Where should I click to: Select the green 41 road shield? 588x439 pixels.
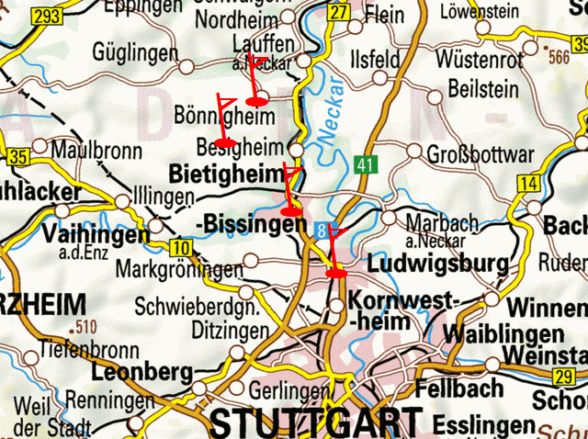pos(366,165)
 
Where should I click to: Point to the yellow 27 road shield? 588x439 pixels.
pos(339,12)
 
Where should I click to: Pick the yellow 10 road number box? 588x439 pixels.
pos(180,247)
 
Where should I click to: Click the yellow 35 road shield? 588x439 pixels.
pos(17,157)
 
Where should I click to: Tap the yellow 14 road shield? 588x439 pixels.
pos(527,185)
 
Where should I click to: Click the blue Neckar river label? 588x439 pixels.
pos(333,111)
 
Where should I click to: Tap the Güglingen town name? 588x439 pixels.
pos(135,54)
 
